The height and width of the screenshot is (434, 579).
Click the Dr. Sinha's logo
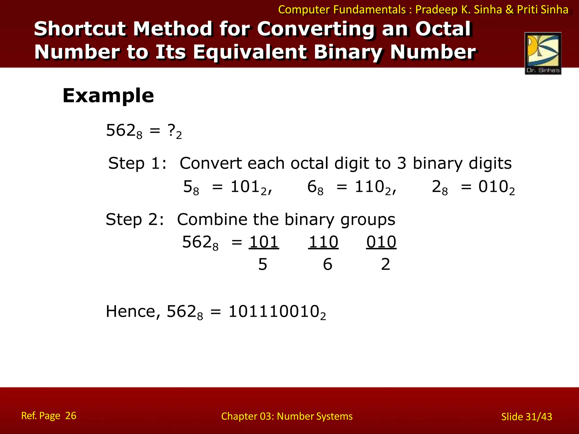tap(543, 53)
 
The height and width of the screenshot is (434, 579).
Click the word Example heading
tap(108, 96)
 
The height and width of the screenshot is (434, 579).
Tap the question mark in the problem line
tap(171, 130)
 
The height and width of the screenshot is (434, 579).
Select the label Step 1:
tap(137, 163)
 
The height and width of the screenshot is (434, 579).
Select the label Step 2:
tap(135, 220)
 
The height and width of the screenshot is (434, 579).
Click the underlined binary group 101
tap(264, 242)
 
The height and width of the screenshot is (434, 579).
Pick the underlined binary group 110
tap(323, 242)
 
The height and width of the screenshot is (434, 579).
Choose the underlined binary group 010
tap(381, 242)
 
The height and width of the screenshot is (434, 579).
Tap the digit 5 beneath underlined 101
tap(263, 264)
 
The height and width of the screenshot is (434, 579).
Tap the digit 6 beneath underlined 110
tap(327, 264)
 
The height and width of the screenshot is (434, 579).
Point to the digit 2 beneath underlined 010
tap(385, 264)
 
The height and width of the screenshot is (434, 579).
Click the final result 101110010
tap(274, 312)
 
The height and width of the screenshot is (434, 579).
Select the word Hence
tap(131, 312)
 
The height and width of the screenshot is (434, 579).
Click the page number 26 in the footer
tap(71, 416)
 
